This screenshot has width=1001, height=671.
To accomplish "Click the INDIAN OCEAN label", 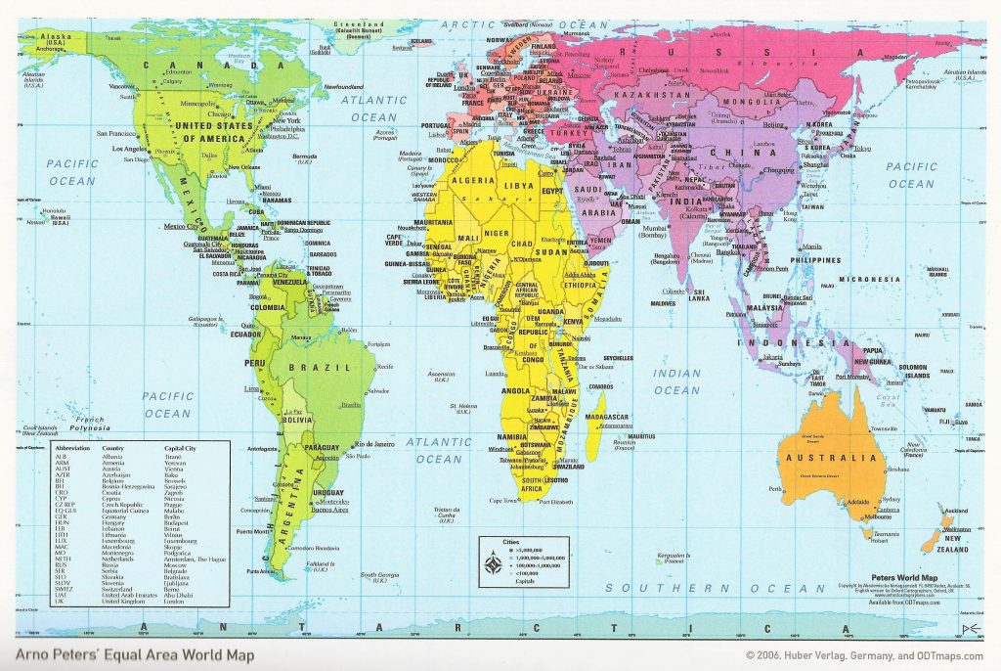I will click(x=676, y=381).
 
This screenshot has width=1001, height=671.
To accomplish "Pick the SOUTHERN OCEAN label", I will click(x=715, y=588).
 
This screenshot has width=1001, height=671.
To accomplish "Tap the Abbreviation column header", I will click(x=74, y=449).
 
